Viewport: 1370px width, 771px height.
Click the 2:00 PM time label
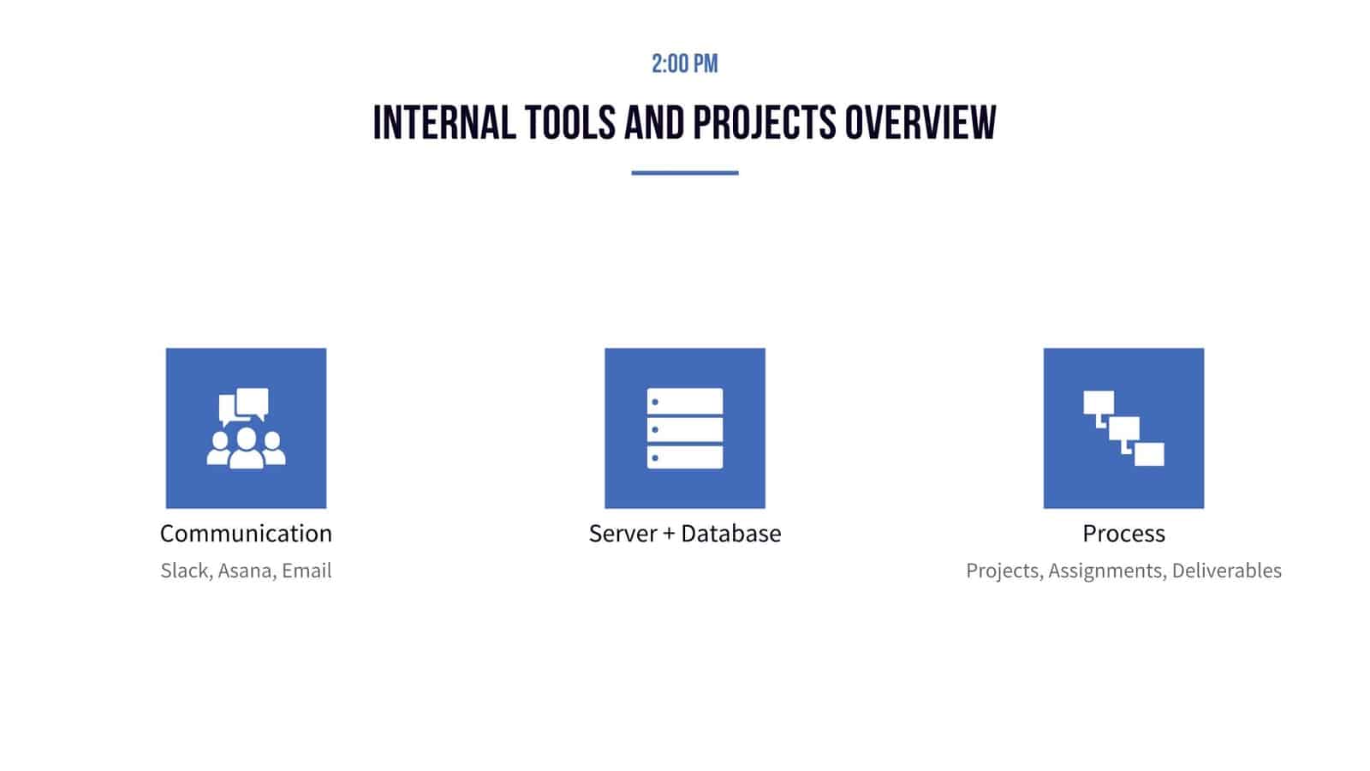684,63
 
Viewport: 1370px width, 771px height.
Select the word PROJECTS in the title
764,123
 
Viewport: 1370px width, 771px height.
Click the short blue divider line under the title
684,173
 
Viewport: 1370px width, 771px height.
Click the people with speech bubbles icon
246,428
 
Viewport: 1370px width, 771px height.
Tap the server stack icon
684,428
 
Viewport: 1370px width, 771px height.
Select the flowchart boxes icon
1123,428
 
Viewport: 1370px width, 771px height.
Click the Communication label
246,534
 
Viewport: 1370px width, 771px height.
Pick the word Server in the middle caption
622,534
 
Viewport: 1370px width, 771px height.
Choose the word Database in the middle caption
731,534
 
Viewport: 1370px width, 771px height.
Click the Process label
1123,534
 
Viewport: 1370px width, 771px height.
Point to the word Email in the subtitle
307,571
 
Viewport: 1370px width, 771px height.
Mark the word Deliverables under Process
1226,571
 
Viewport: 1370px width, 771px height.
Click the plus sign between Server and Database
669,535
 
